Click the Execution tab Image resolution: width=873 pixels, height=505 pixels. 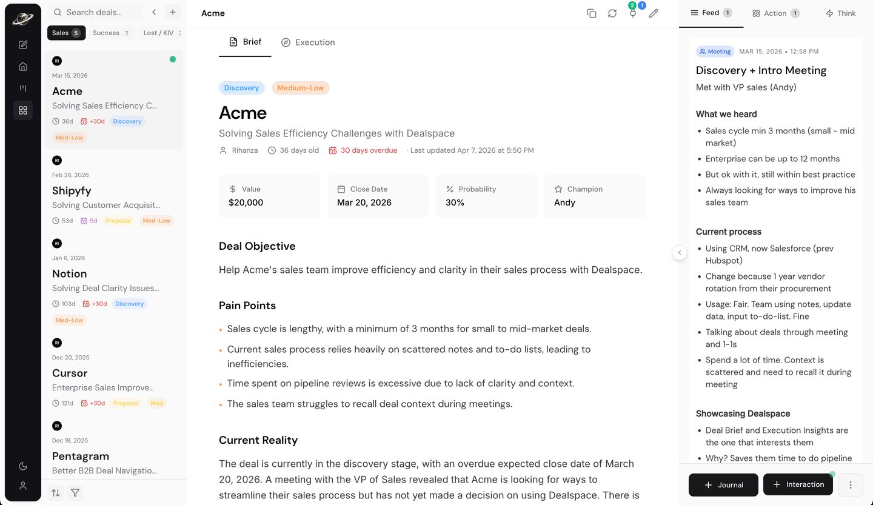click(x=308, y=42)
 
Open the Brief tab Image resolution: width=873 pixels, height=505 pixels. click(x=245, y=42)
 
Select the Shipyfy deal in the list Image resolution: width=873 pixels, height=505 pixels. click(x=72, y=190)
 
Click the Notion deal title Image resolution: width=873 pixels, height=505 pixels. click(x=69, y=273)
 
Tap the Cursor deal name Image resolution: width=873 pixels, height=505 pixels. click(x=70, y=373)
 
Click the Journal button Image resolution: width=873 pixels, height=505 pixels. click(x=723, y=485)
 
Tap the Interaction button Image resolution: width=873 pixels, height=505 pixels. click(x=798, y=484)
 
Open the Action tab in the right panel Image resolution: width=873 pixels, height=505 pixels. click(x=775, y=13)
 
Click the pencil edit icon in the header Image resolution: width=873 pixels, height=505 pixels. click(x=654, y=13)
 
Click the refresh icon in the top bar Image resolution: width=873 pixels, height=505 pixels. click(x=612, y=13)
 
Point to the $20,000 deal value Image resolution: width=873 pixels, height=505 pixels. click(x=246, y=202)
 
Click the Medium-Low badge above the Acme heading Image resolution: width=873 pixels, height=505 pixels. click(x=300, y=88)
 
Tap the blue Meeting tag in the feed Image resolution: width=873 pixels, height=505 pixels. click(x=715, y=52)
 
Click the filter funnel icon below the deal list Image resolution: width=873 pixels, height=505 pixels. click(x=75, y=493)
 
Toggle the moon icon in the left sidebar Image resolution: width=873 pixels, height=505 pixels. click(x=23, y=466)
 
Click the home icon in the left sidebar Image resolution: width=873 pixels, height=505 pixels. click(x=23, y=67)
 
